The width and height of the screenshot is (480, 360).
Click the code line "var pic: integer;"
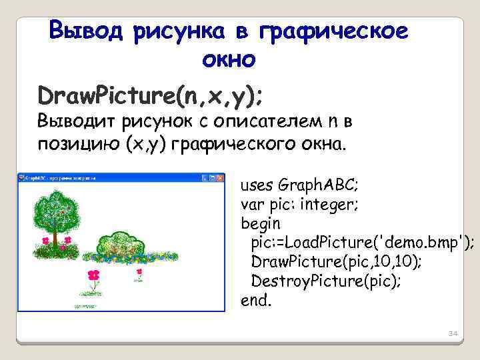tap(299, 203)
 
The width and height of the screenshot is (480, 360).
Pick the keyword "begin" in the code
tap(261, 223)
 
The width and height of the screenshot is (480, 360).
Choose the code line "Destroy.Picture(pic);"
tap(326, 280)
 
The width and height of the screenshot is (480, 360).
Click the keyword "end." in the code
tap(256, 300)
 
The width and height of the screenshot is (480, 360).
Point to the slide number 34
tap(454, 333)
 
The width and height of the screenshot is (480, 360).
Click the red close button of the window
tap(219, 178)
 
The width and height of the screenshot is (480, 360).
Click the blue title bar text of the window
tap(59, 178)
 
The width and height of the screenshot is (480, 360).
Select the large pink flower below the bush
tap(93, 275)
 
